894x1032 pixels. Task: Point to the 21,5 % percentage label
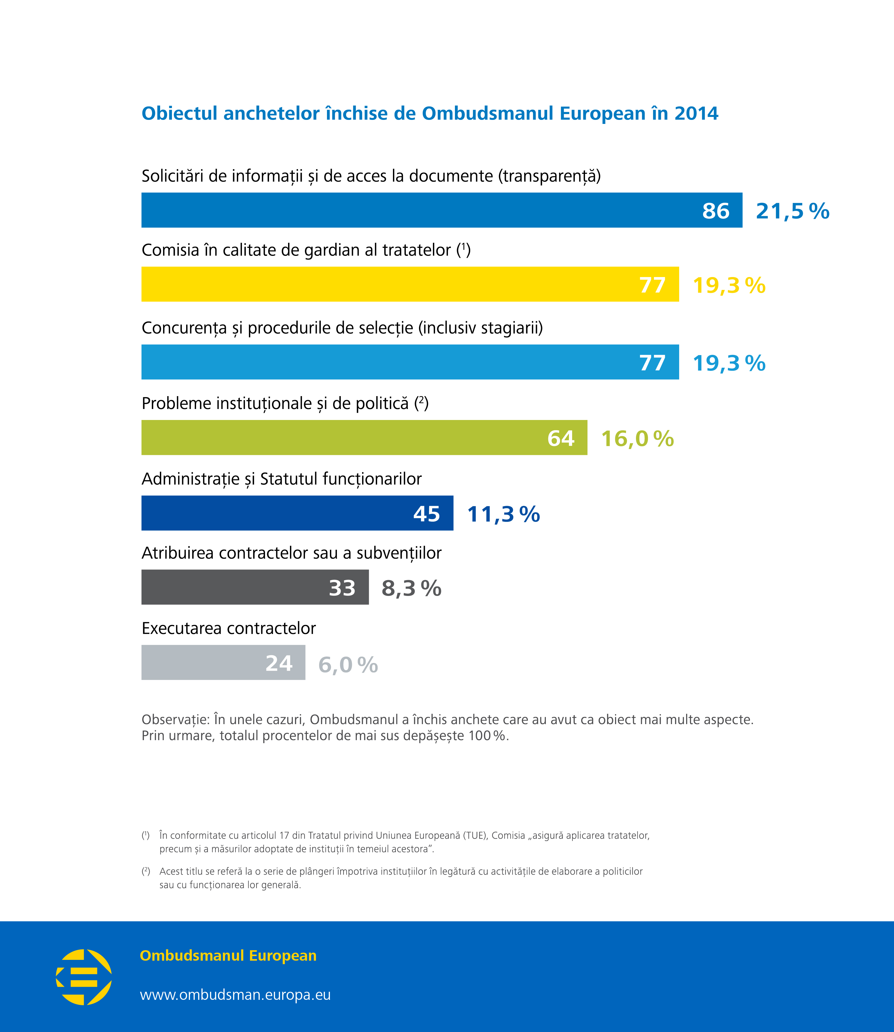(x=792, y=211)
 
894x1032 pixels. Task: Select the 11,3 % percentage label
(x=503, y=514)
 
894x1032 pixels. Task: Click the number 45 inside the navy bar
(x=426, y=514)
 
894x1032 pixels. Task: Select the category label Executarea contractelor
(x=229, y=628)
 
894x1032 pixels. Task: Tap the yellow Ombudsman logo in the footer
(x=84, y=977)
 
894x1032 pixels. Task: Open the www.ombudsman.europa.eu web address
(x=235, y=995)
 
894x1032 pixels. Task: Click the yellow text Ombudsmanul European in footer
(x=228, y=955)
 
